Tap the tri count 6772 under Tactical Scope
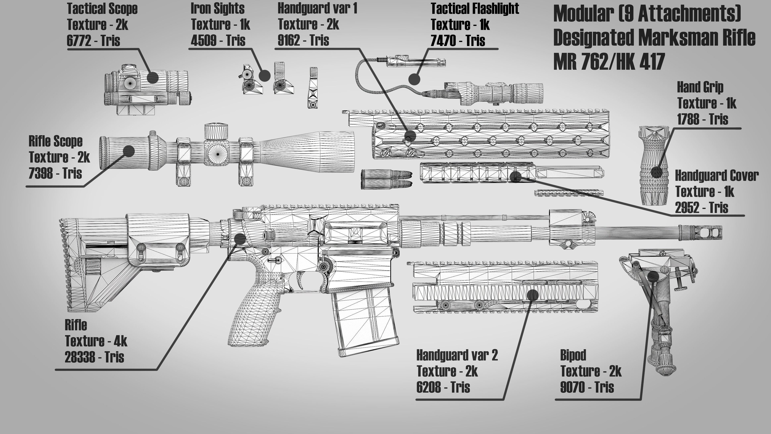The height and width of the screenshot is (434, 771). point(79,40)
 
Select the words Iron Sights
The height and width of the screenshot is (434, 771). point(218,8)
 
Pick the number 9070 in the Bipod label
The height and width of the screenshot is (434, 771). point(572,387)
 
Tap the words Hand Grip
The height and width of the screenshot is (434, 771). point(700,87)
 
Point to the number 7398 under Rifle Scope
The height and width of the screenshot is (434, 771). point(41,173)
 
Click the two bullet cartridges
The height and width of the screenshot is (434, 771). point(386,179)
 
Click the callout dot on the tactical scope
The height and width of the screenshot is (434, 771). point(153,78)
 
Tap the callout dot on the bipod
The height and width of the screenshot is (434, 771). point(653,275)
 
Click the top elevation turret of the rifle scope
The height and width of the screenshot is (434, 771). point(216,131)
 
